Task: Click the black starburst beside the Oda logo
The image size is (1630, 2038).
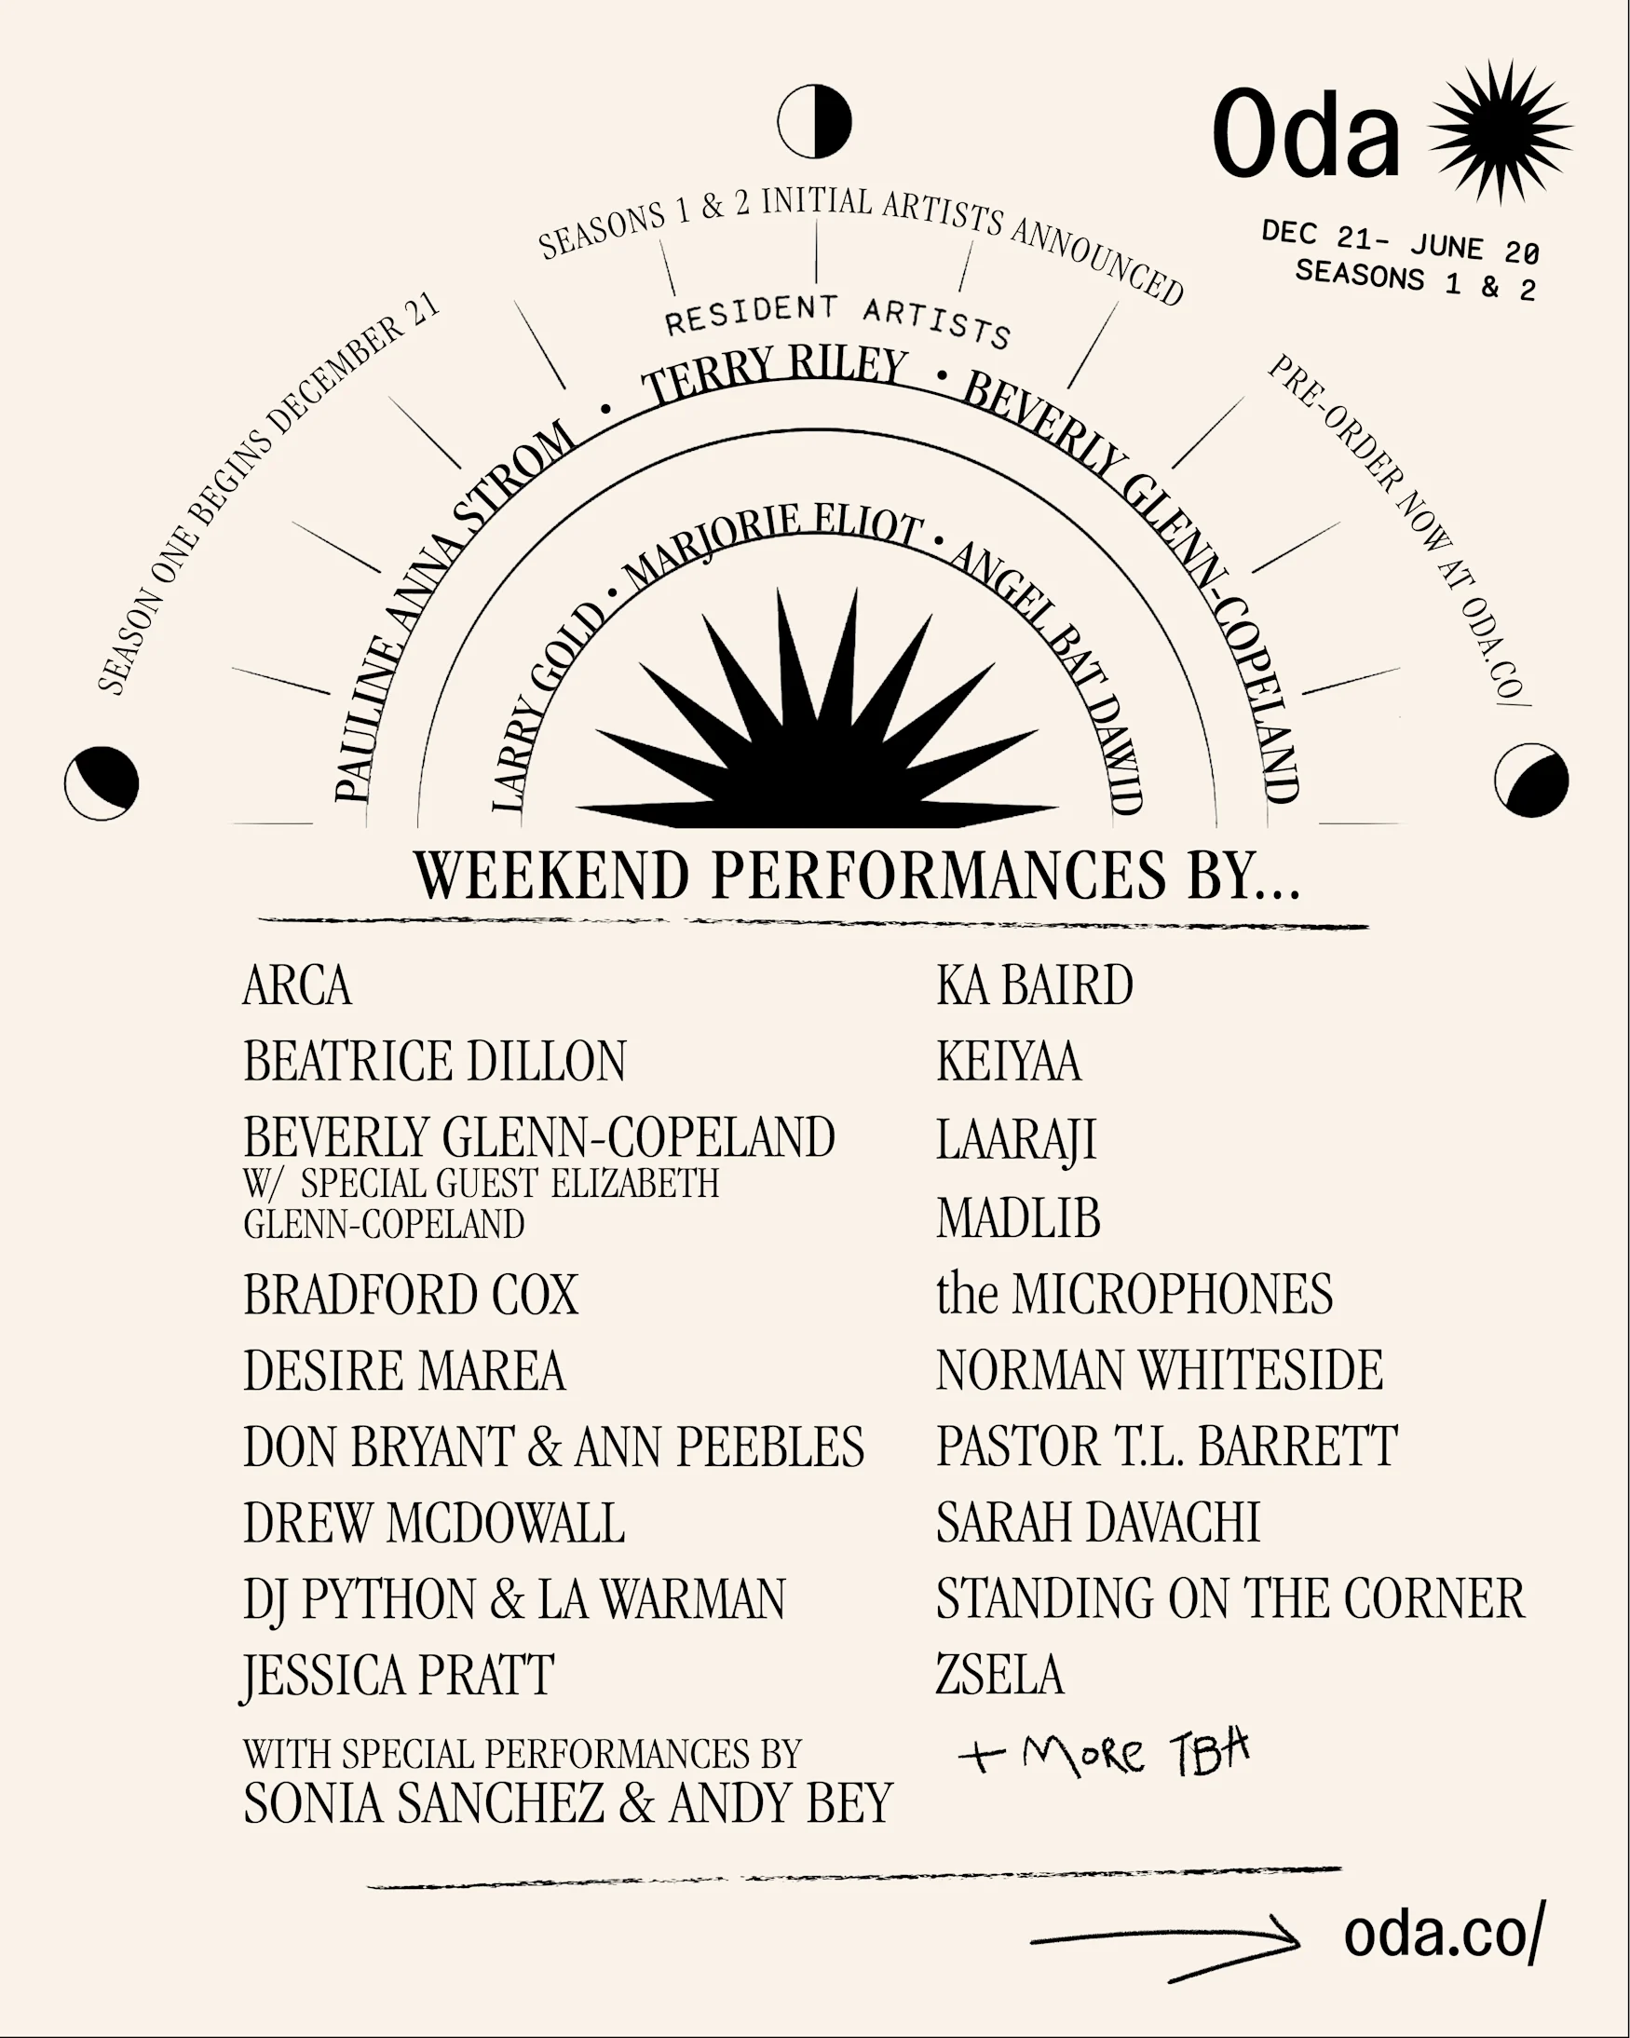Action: point(1501,131)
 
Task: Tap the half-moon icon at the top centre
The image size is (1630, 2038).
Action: point(814,122)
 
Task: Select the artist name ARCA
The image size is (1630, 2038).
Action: point(297,985)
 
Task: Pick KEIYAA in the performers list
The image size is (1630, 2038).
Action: point(1008,1061)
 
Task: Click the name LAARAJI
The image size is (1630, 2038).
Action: point(1015,1138)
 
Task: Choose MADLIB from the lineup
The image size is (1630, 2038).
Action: point(1018,1216)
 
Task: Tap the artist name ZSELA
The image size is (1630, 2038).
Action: point(999,1674)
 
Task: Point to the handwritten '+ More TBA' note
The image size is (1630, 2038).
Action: point(1104,1755)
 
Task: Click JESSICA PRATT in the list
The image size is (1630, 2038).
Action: point(398,1675)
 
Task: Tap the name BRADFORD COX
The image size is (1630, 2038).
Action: point(411,1294)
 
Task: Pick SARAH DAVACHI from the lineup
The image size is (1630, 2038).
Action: point(1098,1522)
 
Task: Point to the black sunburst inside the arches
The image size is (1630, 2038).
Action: point(815,727)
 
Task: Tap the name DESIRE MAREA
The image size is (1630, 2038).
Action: point(403,1371)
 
